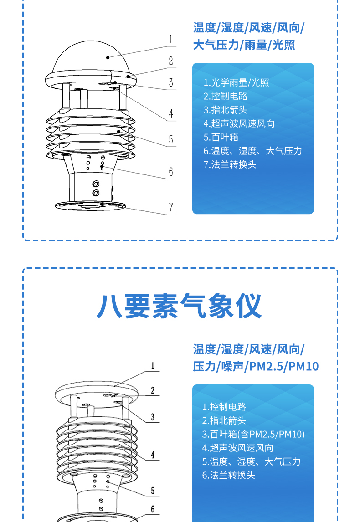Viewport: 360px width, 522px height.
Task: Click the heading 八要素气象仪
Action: click(179, 306)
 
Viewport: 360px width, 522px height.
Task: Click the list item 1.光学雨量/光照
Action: click(236, 82)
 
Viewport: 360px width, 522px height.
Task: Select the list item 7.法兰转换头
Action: click(230, 164)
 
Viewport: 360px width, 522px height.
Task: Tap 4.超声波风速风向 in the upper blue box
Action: click(239, 123)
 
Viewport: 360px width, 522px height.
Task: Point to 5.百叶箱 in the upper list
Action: click(221, 137)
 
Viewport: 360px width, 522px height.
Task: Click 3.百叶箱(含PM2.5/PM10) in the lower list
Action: click(253, 434)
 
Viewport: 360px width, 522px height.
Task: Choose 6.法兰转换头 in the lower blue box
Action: click(228, 475)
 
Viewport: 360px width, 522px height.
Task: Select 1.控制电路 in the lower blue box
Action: click(224, 407)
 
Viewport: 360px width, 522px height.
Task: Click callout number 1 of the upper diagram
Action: click(171, 39)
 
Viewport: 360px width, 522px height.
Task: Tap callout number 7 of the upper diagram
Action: click(171, 207)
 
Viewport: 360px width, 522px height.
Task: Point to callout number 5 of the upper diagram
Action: click(171, 139)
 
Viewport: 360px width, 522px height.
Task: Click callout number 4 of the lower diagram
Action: click(153, 455)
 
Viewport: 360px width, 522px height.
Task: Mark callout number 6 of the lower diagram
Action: click(153, 509)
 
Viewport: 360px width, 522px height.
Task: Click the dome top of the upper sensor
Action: click(91, 56)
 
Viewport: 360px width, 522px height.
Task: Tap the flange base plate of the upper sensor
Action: click(91, 206)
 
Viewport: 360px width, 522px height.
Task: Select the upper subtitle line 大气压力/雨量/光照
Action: click(244, 45)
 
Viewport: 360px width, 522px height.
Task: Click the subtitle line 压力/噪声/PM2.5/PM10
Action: click(256, 366)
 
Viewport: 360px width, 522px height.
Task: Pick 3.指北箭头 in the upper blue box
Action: click(225, 110)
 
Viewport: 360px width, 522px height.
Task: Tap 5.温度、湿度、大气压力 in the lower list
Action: click(252, 461)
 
